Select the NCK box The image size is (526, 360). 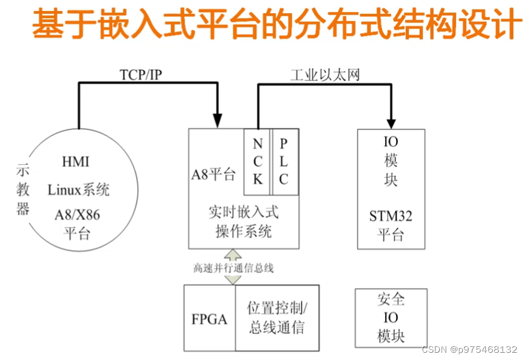[258, 161]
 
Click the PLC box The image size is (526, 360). [284, 161]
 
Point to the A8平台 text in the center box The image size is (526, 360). [214, 175]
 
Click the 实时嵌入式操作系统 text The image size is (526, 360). [243, 222]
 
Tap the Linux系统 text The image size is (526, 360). [79, 190]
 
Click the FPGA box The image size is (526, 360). [209, 318]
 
